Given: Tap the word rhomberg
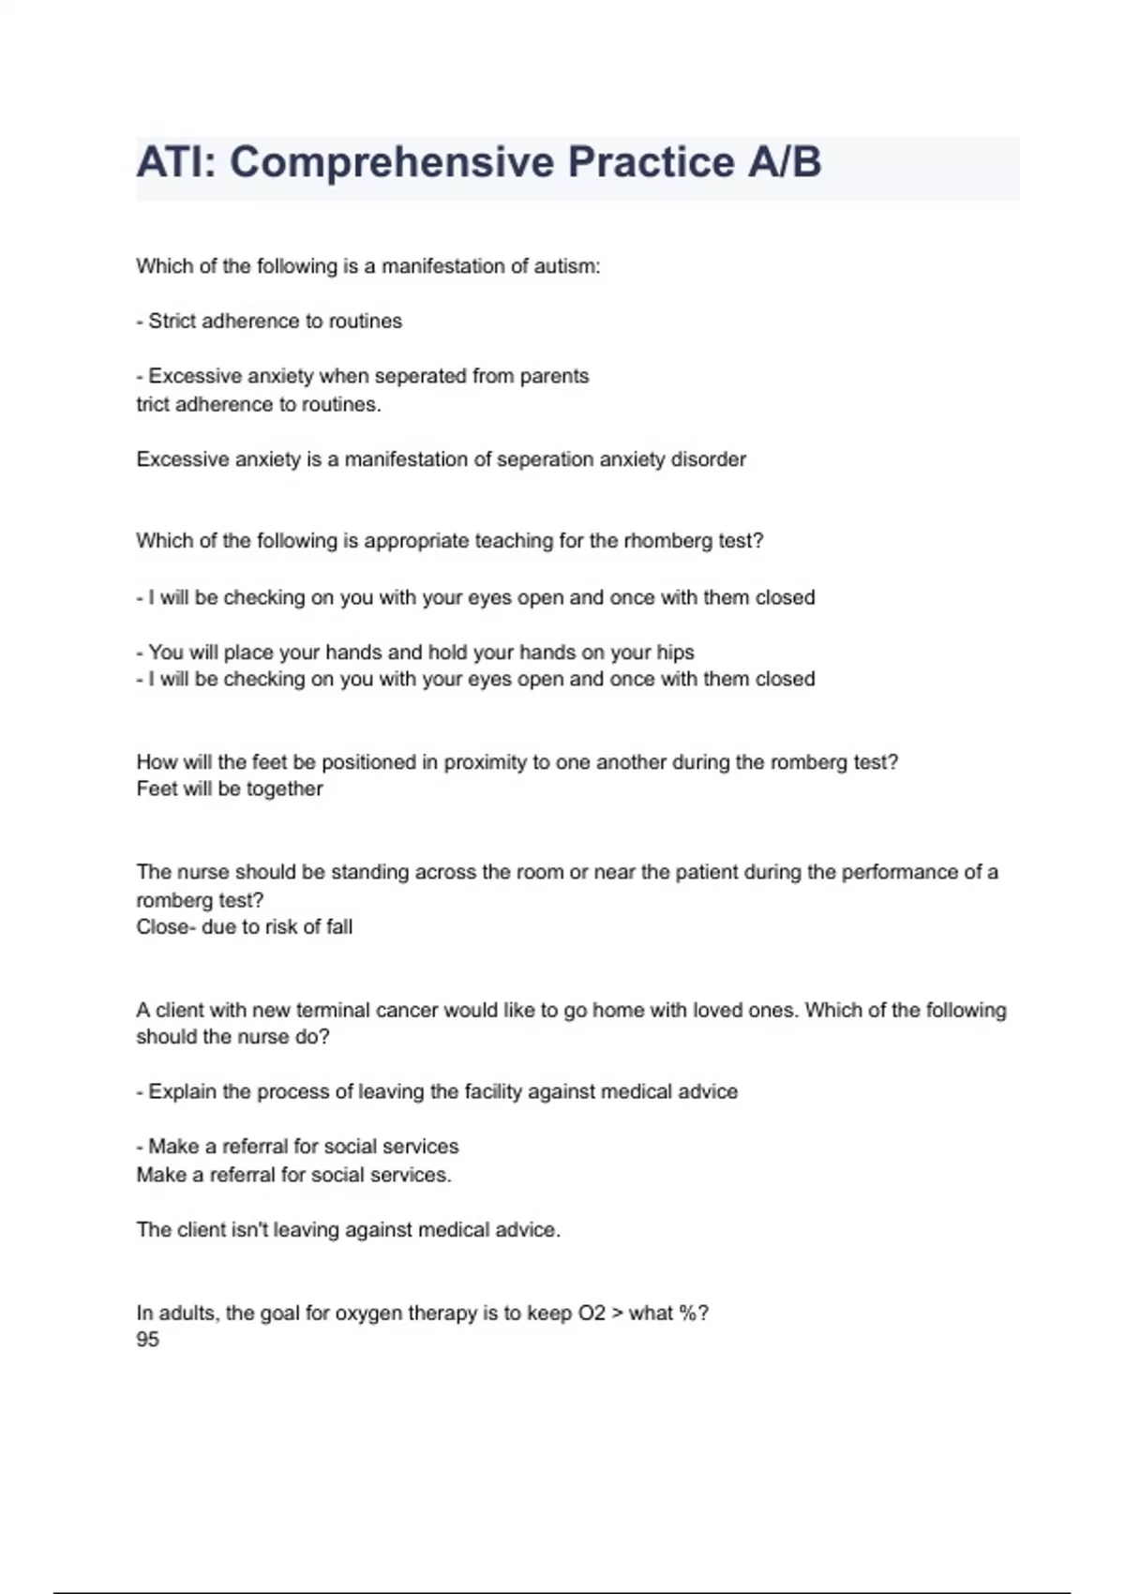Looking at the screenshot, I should pos(667,541).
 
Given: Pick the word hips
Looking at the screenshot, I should pos(675,652).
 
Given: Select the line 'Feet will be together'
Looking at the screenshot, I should pos(230,789).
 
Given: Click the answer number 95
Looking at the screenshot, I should pos(147,1339).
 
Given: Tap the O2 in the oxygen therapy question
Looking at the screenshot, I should pos(592,1313).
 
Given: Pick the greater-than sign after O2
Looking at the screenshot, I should pos(617,1313).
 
